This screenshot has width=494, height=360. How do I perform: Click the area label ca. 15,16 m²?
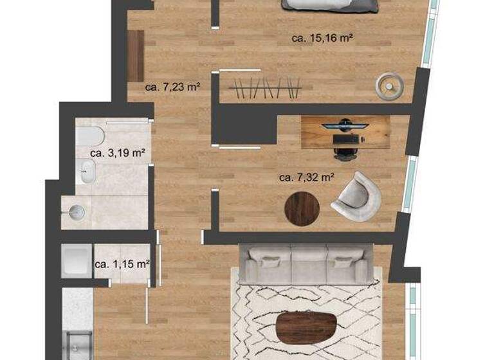coord(322,39)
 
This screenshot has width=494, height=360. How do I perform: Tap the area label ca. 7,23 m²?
coord(170,87)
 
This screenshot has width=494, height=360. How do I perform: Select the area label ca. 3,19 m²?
coord(117,153)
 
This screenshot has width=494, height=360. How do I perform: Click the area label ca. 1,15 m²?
coord(122,264)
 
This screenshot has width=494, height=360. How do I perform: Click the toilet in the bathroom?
coord(89,136)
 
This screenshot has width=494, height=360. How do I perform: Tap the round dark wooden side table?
coord(302,209)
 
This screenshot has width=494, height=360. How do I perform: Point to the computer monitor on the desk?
coord(345,124)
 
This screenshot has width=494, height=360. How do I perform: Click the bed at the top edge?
coord(329,6)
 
